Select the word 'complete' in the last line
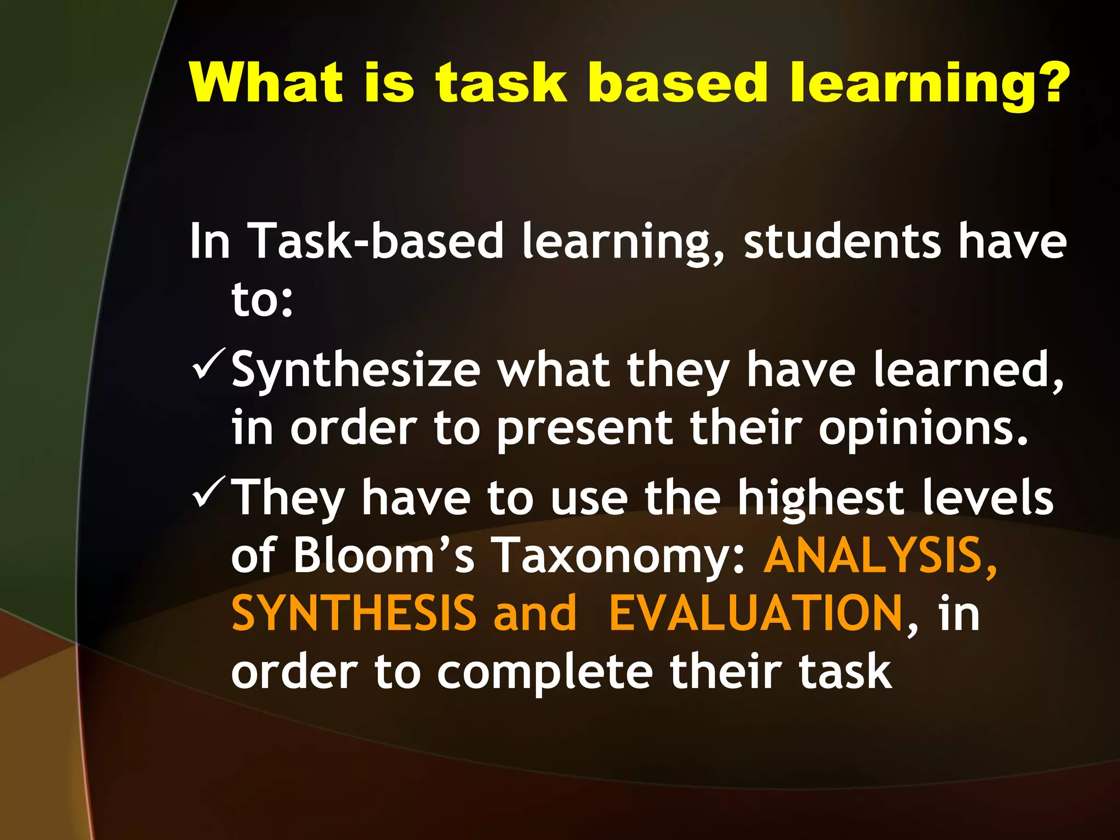point(545,673)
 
